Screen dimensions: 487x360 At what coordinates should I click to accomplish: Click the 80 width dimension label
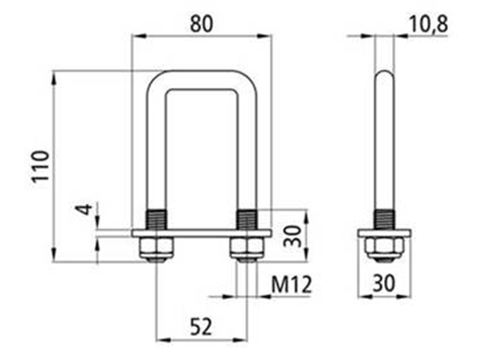[x=201, y=24]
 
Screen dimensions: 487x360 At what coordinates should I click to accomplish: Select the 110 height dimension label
[x=41, y=167]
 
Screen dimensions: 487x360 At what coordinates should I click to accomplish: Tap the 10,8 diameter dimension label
[x=428, y=24]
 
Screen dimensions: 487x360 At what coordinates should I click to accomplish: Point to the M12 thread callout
[x=292, y=285]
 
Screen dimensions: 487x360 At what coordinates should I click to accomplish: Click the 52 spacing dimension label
[x=201, y=326]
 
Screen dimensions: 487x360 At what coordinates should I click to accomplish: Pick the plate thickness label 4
[x=85, y=209]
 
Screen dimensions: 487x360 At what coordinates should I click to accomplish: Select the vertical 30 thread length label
[x=293, y=236]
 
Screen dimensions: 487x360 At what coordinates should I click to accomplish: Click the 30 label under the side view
[x=384, y=283]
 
